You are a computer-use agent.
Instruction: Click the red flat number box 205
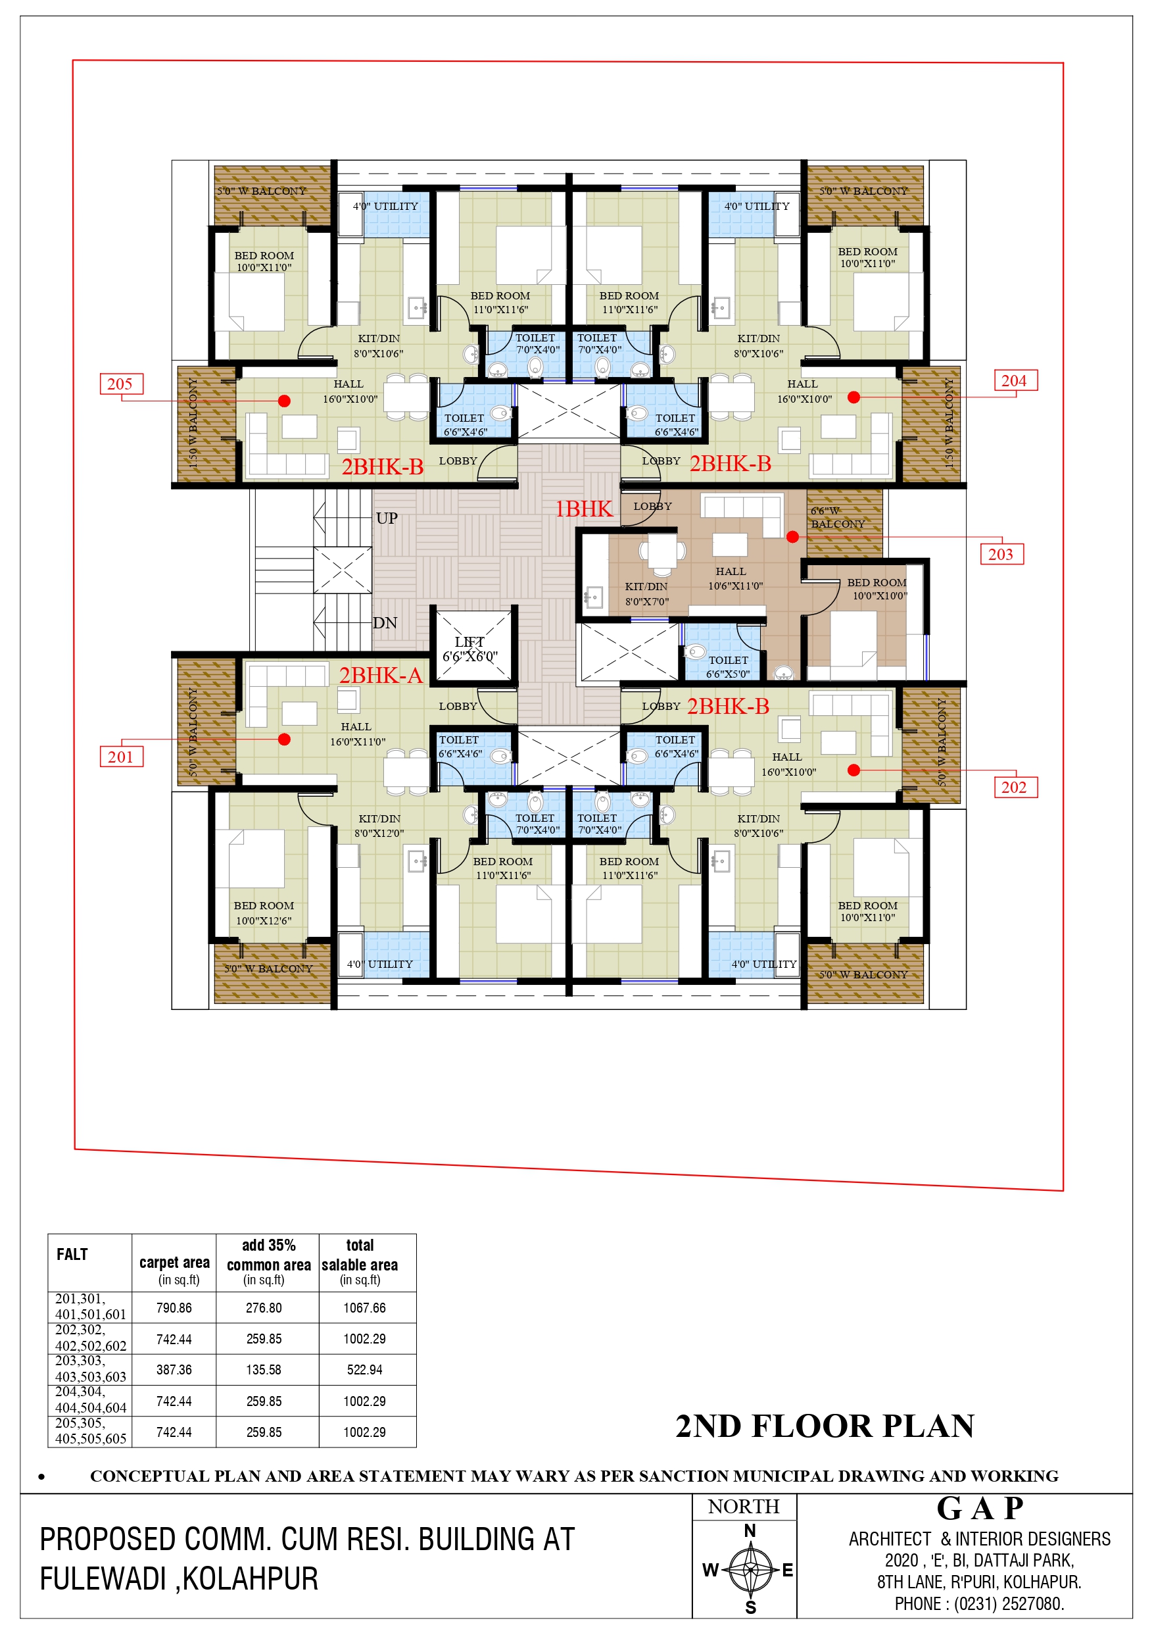click(x=121, y=384)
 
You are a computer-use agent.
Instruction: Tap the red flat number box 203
click(x=1001, y=554)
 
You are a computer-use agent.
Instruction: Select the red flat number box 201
click(x=121, y=757)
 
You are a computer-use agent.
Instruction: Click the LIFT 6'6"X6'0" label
click(x=469, y=649)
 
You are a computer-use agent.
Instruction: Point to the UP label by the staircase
click(x=387, y=518)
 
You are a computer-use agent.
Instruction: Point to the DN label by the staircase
click(x=385, y=623)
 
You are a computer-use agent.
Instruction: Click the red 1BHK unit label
click(x=584, y=509)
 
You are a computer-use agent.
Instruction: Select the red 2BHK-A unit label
click(x=381, y=675)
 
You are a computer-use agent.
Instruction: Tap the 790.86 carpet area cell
click(x=174, y=1308)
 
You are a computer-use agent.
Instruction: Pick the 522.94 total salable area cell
click(x=365, y=1370)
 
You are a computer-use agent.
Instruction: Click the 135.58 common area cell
click(x=264, y=1370)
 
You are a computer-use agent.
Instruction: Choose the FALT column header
click(x=72, y=1254)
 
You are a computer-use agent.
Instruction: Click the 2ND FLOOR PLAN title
click(x=825, y=1425)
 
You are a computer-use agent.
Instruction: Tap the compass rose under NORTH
click(x=750, y=1569)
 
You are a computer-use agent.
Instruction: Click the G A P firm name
click(x=980, y=1508)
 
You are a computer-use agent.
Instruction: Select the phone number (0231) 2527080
click(x=1009, y=1604)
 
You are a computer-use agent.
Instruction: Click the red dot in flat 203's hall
click(x=793, y=537)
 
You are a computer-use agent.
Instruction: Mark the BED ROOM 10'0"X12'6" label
click(x=264, y=913)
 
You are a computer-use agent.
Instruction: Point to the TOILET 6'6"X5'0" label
click(x=728, y=667)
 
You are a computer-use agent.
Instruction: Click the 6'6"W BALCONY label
click(x=838, y=517)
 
